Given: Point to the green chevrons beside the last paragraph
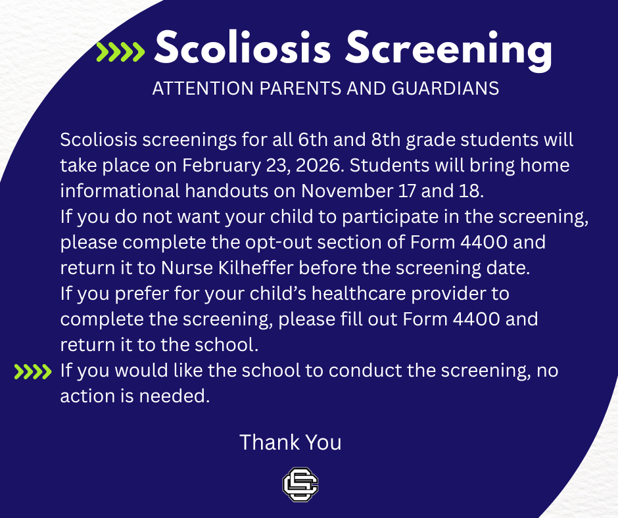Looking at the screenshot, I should pyautogui.click(x=33, y=373).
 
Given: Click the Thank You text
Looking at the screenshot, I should pyautogui.click(x=290, y=442).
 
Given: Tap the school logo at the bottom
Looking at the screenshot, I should pyautogui.click(x=300, y=485).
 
